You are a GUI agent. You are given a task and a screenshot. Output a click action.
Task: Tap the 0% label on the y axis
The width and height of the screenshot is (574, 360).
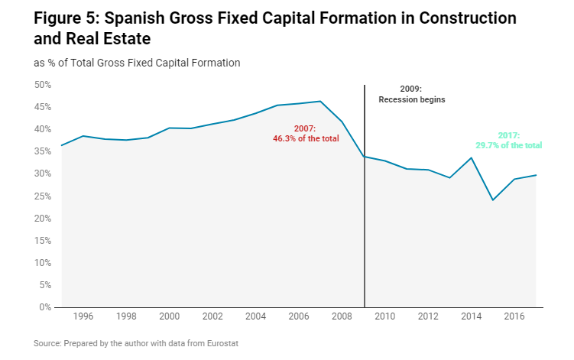point(44,307)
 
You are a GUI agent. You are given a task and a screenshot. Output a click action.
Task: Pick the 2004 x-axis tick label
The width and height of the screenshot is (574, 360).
point(255,316)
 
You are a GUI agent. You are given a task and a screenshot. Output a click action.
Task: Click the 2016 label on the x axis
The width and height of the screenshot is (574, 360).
point(514,316)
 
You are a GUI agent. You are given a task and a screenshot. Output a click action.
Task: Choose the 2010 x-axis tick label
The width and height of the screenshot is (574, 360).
point(385,316)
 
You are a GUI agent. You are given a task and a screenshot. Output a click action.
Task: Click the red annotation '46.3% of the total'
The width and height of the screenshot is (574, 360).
point(306,138)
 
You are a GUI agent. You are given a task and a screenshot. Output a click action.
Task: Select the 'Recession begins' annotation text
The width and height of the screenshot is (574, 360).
point(412,99)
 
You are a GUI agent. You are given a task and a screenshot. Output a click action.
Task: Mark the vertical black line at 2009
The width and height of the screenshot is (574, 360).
point(365,229)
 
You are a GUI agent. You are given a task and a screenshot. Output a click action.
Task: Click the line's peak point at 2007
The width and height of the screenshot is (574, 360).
point(320,101)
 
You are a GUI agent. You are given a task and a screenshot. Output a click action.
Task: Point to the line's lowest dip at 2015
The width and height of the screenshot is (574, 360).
point(493,200)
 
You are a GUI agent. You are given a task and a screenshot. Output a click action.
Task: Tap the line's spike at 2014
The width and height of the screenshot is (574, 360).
point(472,157)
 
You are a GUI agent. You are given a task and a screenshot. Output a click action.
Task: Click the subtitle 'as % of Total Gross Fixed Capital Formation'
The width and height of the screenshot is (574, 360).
point(138,63)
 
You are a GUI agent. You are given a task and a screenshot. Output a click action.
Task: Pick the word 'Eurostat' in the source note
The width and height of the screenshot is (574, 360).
point(220,344)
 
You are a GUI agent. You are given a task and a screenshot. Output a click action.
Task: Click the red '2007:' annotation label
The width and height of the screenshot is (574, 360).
point(306,128)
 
